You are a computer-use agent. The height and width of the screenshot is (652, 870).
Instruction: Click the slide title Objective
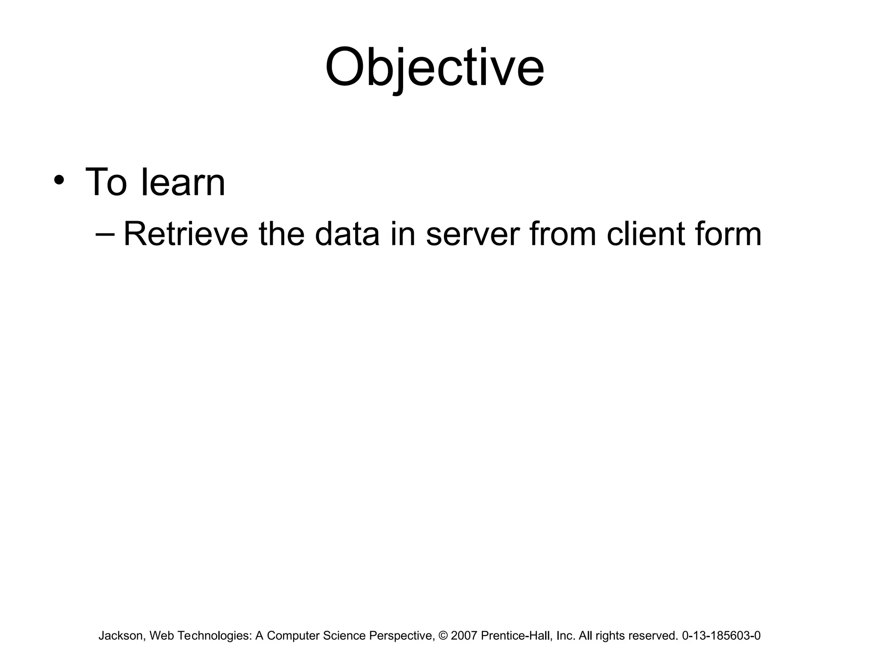tap(434, 68)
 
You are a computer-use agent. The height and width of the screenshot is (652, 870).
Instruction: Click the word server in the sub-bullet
tap(472, 235)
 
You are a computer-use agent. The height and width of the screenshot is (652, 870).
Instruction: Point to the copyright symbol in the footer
tap(443, 635)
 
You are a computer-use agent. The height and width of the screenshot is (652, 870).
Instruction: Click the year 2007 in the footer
tap(464, 635)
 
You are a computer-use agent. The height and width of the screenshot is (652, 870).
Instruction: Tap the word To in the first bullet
tap(106, 183)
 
